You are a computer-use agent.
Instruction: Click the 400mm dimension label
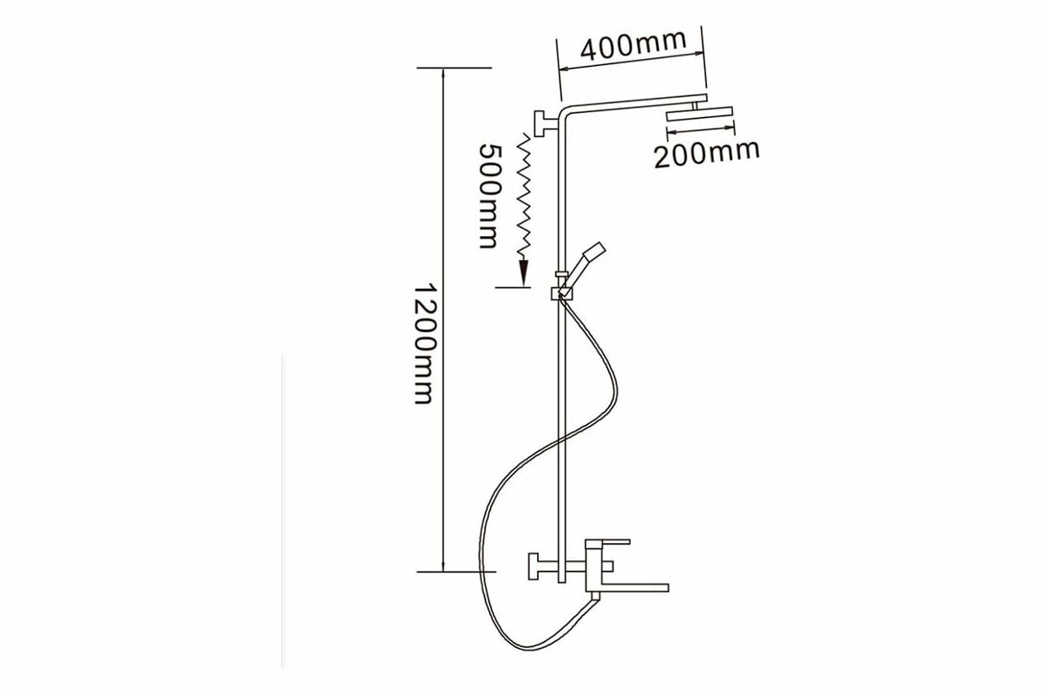[x=632, y=44]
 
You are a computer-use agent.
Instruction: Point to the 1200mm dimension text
[x=422, y=343]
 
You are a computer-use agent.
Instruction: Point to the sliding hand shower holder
[x=564, y=293]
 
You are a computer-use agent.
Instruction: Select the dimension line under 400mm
[x=631, y=62]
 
